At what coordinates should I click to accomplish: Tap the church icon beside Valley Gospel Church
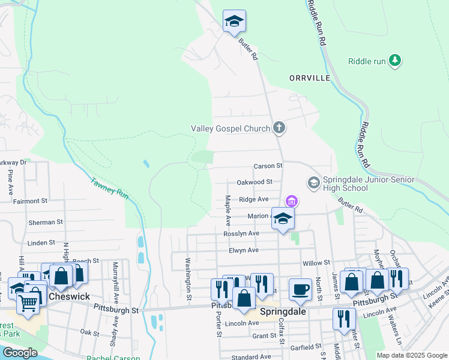click(x=279, y=127)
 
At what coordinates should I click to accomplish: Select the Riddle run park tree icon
click(x=394, y=60)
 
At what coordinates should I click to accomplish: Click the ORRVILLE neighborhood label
click(x=310, y=79)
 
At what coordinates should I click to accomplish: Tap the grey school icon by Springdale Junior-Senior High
click(x=313, y=181)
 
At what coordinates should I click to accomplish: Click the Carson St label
click(x=268, y=166)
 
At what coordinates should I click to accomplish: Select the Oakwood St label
click(x=255, y=181)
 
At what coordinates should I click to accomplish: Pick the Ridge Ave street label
click(x=253, y=199)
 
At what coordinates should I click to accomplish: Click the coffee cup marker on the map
click(x=301, y=289)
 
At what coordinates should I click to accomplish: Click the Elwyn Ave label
click(x=243, y=250)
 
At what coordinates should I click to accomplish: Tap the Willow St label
click(x=316, y=263)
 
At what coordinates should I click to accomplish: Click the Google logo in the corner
click(x=20, y=353)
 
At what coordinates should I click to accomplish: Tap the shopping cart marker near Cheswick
click(x=28, y=301)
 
